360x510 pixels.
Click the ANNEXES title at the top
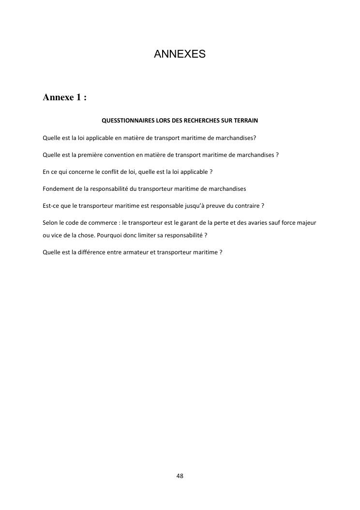click(x=180, y=54)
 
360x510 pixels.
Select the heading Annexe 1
click(x=64, y=97)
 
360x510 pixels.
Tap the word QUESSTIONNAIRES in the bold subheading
click(x=127, y=120)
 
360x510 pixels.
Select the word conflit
click(x=107, y=172)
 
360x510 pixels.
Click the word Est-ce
click(x=51, y=205)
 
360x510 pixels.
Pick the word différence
click(x=93, y=252)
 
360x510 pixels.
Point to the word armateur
click(x=130, y=252)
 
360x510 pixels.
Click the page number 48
click(x=180, y=476)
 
